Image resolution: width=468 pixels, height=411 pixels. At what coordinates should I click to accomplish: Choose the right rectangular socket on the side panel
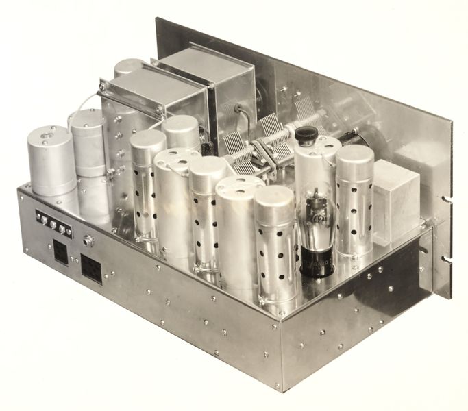[x=92, y=269]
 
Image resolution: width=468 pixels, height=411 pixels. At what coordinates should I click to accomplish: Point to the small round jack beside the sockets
[x=88, y=240]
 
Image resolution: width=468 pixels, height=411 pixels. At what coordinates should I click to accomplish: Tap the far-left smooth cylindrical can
[x=51, y=162]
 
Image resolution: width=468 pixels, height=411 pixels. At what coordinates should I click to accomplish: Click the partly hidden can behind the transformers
[x=127, y=66]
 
